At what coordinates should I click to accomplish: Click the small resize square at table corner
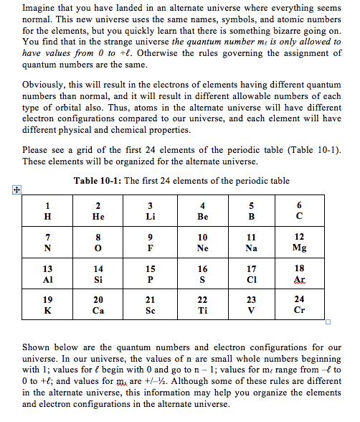[x=326, y=321]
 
